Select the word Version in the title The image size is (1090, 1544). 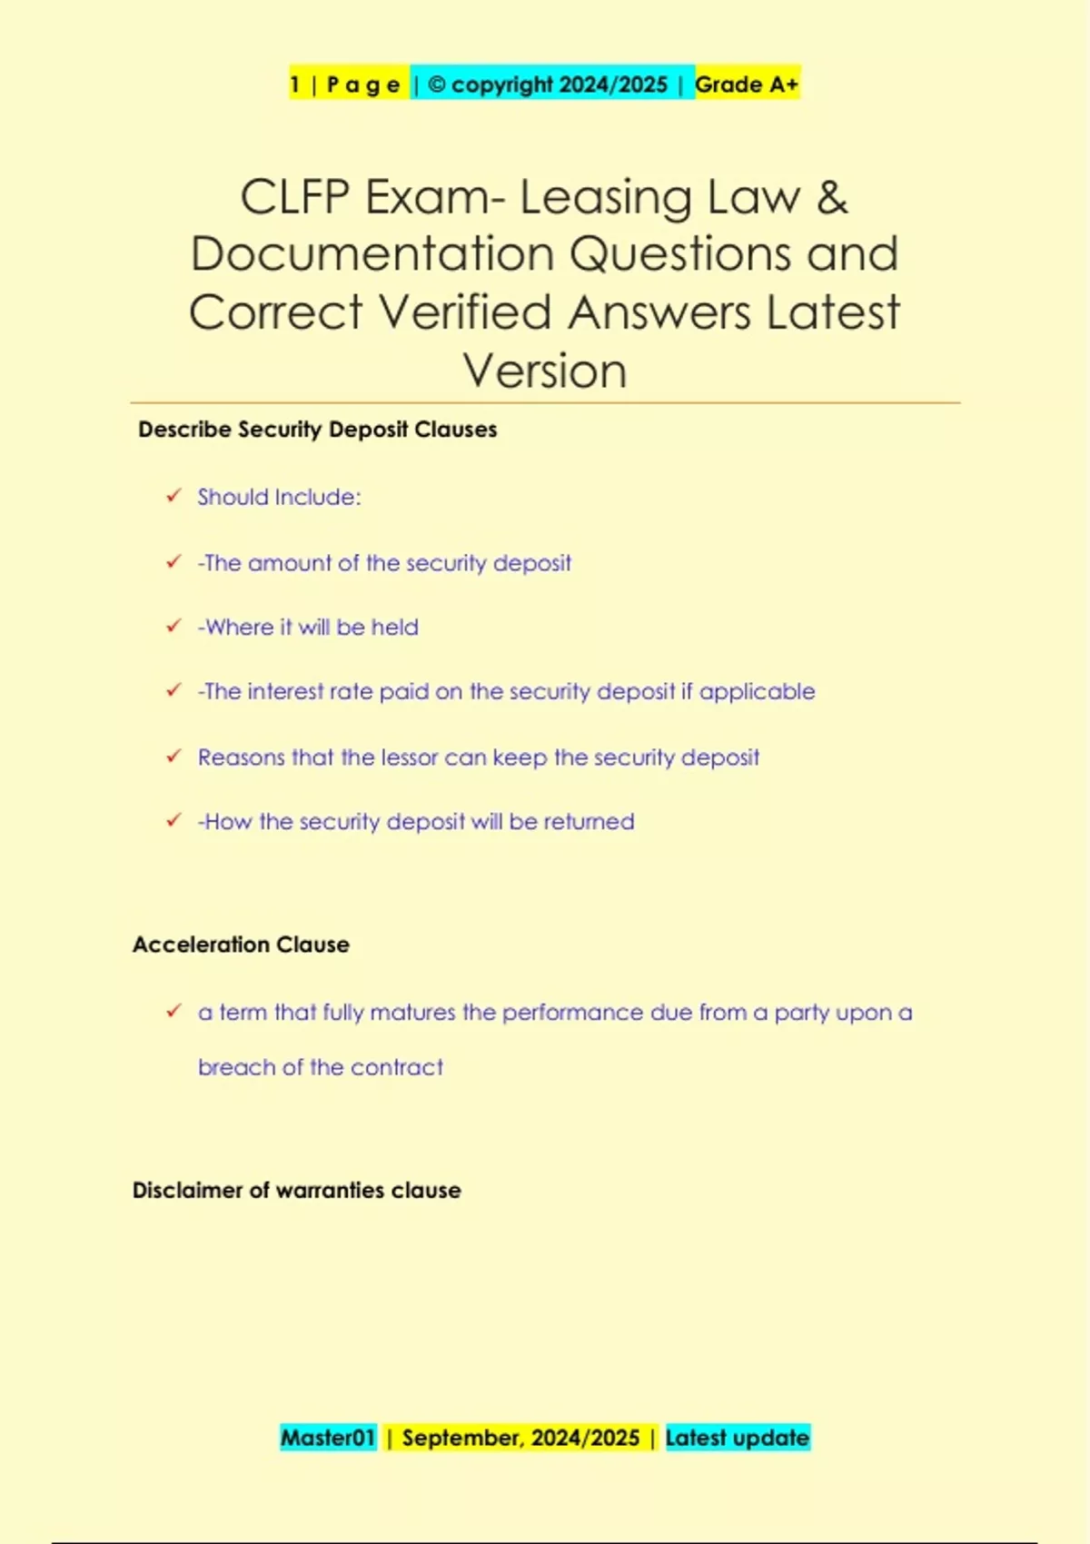pos(545,371)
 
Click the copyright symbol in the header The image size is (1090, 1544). pos(437,84)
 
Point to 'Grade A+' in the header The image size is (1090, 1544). pos(747,84)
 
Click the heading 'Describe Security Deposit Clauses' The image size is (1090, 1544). pos(317,430)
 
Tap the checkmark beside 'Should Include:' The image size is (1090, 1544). pos(173,496)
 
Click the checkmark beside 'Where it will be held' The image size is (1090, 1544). pos(173,626)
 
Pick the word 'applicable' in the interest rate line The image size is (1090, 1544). pos(757,692)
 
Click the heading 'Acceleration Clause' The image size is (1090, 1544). pos(241,945)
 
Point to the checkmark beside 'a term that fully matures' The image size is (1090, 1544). pos(173,1011)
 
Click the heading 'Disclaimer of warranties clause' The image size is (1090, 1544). pos(296,1191)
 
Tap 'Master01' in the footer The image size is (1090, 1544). pos(328,1438)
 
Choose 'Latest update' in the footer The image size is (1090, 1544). pos(737,1438)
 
